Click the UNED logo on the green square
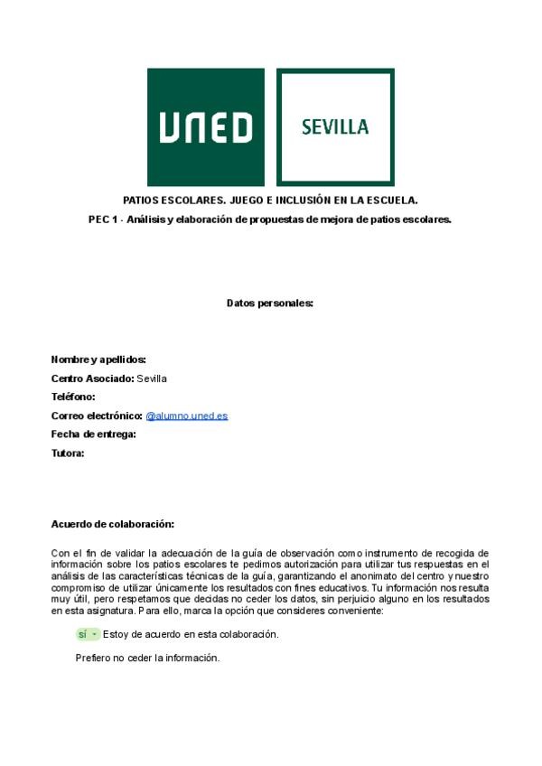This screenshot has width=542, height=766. point(206,127)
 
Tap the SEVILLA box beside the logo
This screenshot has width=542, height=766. point(335,127)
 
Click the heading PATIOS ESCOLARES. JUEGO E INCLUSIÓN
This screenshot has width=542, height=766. point(270,200)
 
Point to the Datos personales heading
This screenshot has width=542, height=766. point(269,303)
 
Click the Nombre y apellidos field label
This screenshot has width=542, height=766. point(98,360)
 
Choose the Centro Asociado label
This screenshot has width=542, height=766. point(92,378)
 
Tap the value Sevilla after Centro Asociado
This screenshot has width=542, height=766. point(152,378)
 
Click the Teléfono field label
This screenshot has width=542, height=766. point(73,397)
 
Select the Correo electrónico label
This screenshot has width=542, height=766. point(97,416)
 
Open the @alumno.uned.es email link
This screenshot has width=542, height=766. point(187,416)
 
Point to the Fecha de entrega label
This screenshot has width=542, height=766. point(93,434)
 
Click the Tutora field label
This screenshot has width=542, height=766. point(68,453)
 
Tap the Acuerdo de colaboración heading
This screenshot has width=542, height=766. point(112,524)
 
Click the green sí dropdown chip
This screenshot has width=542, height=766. point(88,634)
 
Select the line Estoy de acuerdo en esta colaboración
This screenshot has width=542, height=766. point(191,634)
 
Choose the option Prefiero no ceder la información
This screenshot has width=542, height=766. point(147,658)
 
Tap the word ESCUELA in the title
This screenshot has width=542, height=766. point(390,200)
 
